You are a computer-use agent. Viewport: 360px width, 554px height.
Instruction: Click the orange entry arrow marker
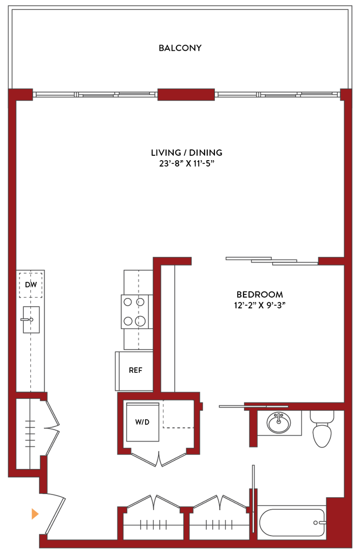coord(35,513)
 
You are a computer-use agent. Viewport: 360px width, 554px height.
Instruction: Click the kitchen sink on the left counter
coord(31,319)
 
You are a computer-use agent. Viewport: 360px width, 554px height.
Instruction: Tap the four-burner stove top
coord(134,312)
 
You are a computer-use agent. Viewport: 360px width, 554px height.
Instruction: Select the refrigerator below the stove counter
coord(133,371)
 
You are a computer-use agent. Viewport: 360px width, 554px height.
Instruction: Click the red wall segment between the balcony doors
coord(186,95)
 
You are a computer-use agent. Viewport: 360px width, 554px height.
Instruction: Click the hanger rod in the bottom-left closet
coord(153,524)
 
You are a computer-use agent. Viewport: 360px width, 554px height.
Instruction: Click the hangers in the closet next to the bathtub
coord(219,524)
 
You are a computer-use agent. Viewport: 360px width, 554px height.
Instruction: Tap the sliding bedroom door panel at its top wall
coord(271,261)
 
